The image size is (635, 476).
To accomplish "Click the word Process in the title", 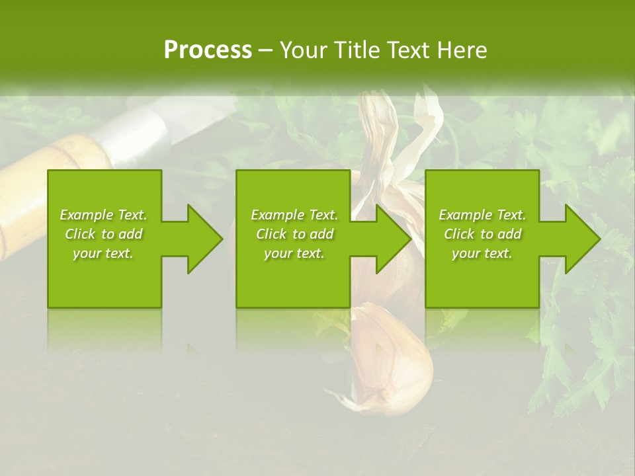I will click(x=208, y=50).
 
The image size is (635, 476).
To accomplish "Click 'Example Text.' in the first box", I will click(x=103, y=215).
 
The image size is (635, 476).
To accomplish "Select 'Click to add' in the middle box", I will click(x=294, y=234).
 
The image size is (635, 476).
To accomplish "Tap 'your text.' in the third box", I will click(x=482, y=253).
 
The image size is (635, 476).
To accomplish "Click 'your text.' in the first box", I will click(x=103, y=253).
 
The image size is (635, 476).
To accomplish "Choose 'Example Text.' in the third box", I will click(x=482, y=215).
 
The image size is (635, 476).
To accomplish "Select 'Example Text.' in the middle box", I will click(x=294, y=215).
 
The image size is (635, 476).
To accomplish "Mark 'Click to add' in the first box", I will click(x=103, y=234).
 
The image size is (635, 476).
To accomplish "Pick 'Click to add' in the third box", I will click(x=482, y=234).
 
